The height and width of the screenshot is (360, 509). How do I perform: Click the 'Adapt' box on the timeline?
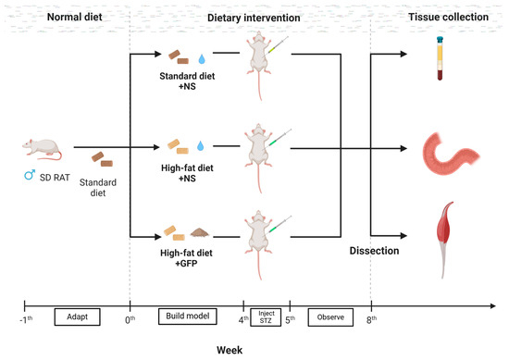tap(77, 317)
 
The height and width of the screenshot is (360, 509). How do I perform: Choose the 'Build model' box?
tap(187, 317)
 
